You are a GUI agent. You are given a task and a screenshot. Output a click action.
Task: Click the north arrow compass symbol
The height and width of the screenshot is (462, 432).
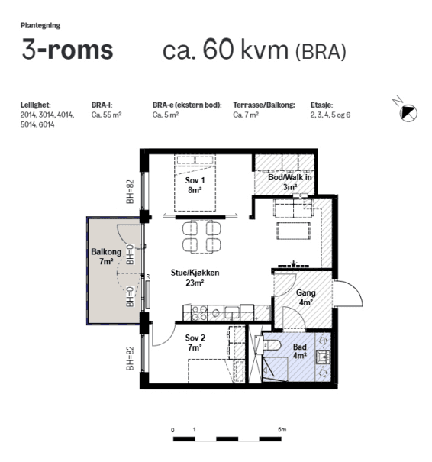tap(408, 112)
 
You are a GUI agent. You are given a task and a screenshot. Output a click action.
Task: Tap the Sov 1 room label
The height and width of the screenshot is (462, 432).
tap(195, 185)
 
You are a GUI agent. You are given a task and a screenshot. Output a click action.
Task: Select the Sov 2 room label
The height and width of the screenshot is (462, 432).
tap(195, 342)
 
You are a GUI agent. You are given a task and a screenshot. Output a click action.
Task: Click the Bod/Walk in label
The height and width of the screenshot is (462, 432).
tap(290, 182)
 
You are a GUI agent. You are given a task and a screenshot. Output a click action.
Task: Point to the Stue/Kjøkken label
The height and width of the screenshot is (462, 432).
tap(195, 277)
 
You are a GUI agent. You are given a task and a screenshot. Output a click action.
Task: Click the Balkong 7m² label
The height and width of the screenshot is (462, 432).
tap(106, 257)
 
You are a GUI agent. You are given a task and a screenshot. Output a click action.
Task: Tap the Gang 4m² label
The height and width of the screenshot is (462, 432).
tap(305, 297)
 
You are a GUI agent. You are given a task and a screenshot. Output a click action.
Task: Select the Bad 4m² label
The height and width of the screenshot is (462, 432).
tap(300, 351)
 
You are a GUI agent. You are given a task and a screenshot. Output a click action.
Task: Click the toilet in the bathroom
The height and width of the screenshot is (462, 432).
tap(271, 344)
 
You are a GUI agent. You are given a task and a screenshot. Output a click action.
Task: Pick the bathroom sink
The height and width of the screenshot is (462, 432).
tap(323, 357)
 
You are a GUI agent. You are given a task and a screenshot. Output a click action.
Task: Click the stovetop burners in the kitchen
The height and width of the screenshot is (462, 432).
tap(199, 313)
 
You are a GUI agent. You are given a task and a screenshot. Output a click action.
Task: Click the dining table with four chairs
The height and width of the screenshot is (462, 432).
tap(201, 237)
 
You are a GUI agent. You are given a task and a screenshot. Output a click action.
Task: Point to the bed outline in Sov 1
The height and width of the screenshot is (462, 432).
tap(195, 183)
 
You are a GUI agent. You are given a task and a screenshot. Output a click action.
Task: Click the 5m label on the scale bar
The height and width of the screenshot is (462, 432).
tap(282, 430)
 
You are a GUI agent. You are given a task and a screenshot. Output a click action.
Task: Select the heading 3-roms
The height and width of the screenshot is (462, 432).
tap(67, 49)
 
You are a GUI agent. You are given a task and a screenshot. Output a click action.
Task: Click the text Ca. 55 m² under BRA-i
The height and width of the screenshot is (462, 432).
tap(106, 115)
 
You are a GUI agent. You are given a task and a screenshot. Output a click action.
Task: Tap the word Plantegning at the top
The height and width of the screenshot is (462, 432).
tap(40, 26)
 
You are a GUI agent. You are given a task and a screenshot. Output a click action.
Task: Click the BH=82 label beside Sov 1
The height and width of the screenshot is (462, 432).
tap(131, 192)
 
